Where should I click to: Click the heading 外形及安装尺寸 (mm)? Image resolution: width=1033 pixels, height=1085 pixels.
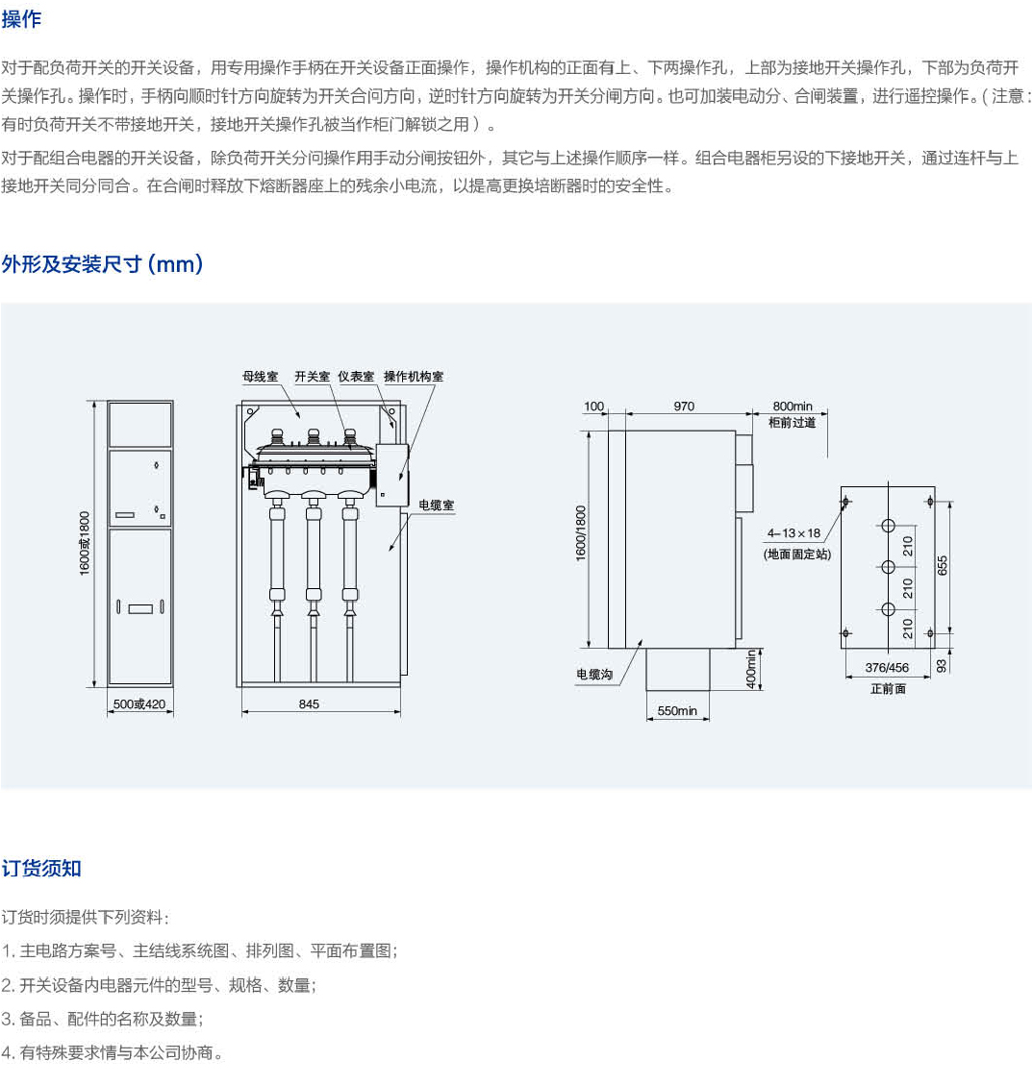coord(102,264)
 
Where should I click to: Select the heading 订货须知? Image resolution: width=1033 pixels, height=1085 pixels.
coord(41,869)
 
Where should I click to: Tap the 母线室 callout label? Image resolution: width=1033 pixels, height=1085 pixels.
coord(260,377)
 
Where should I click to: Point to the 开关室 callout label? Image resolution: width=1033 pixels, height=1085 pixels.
coord(313,377)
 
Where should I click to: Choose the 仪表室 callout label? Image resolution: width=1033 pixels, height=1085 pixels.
coord(356,377)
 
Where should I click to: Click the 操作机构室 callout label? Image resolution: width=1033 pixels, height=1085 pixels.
coord(414,377)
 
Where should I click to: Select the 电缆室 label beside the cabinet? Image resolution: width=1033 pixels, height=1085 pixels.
coord(436,505)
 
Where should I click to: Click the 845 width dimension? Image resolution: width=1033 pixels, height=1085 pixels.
coord(309,704)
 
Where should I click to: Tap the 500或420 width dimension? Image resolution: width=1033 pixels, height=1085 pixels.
coord(139,704)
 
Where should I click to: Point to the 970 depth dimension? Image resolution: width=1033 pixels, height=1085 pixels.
coord(684,407)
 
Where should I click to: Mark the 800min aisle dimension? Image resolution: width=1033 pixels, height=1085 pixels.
coord(793,407)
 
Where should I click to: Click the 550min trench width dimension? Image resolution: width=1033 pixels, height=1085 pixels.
coord(677,711)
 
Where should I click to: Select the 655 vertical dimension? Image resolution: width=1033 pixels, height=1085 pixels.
coord(943,567)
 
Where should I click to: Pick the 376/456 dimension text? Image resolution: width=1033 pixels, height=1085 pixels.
coord(887,668)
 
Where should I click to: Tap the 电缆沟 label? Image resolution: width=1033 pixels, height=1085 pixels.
coord(594,675)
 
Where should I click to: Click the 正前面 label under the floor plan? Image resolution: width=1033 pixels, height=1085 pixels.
coord(888,689)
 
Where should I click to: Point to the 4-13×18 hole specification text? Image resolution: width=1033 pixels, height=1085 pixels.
coord(794,533)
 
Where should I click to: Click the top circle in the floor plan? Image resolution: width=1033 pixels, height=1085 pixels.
coord(887,526)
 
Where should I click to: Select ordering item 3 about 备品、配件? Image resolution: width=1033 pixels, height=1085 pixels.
coord(102,1019)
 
